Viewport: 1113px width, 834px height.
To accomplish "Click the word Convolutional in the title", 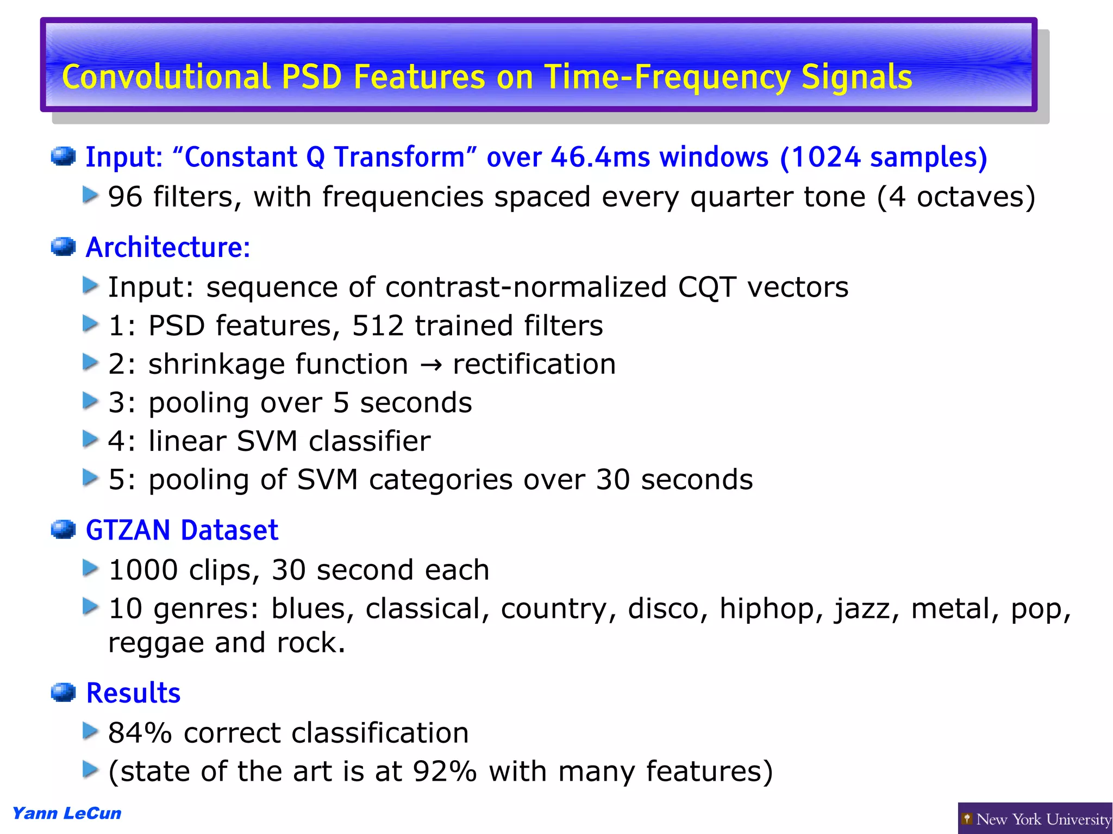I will coord(166,77).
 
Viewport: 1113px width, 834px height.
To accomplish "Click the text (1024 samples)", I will coord(883,158).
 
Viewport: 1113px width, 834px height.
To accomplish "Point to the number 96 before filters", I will coord(125,197).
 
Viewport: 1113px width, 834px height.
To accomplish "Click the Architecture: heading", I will coord(168,248).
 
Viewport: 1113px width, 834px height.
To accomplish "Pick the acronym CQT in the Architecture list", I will coord(707,287).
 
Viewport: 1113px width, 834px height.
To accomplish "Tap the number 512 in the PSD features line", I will coord(378,326).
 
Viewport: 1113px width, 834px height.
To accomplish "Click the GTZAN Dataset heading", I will coord(182,530).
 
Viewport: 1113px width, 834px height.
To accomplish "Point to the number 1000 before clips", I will coord(143,570).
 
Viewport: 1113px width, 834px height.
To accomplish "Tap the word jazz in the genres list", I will coord(862,609).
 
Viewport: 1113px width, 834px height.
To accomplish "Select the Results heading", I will coord(133,693).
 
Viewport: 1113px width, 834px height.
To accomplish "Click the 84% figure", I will coord(140,733).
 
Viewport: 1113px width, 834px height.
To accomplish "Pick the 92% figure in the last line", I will coord(445,772).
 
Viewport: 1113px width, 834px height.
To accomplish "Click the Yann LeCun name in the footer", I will coord(67,813).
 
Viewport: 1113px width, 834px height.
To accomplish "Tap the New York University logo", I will coord(1035,818).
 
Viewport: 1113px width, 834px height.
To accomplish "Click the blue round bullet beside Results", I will coord(63,693).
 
